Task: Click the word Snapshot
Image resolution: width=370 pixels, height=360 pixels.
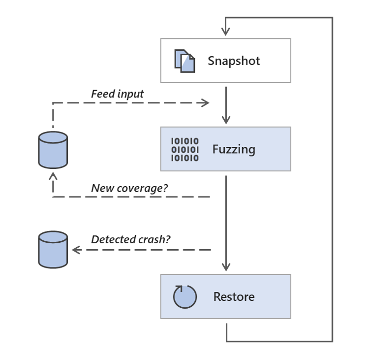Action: [x=233, y=61]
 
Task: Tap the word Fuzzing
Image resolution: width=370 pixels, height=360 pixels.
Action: [x=234, y=149]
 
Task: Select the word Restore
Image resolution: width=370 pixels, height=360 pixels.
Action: [x=234, y=297]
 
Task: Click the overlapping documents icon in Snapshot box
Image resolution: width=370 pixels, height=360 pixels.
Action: [x=185, y=61]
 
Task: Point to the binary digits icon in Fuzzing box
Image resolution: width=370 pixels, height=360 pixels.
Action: [x=185, y=150]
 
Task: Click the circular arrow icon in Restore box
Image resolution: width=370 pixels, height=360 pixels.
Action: [x=185, y=296]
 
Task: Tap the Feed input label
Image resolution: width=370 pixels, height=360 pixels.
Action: [x=117, y=94]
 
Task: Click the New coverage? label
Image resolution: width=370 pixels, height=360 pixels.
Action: [x=129, y=188]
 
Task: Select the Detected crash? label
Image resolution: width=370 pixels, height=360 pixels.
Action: [x=130, y=240]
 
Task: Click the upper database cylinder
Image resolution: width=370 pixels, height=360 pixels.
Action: [x=53, y=150]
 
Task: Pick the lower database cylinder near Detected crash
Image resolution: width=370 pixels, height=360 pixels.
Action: [x=53, y=250]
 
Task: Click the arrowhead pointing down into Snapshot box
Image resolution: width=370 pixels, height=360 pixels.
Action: [x=226, y=32]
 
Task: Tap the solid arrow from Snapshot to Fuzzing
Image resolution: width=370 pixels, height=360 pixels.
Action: [x=226, y=105]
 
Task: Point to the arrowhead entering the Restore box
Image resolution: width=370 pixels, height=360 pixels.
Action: [x=226, y=266]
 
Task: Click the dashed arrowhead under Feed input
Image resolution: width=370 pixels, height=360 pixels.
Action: [x=204, y=103]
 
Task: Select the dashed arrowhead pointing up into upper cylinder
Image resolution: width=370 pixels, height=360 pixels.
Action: [x=53, y=176]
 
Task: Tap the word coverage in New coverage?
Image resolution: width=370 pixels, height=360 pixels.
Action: [x=142, y=188]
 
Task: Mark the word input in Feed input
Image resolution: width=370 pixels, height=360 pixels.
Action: [x=130, y=94]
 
